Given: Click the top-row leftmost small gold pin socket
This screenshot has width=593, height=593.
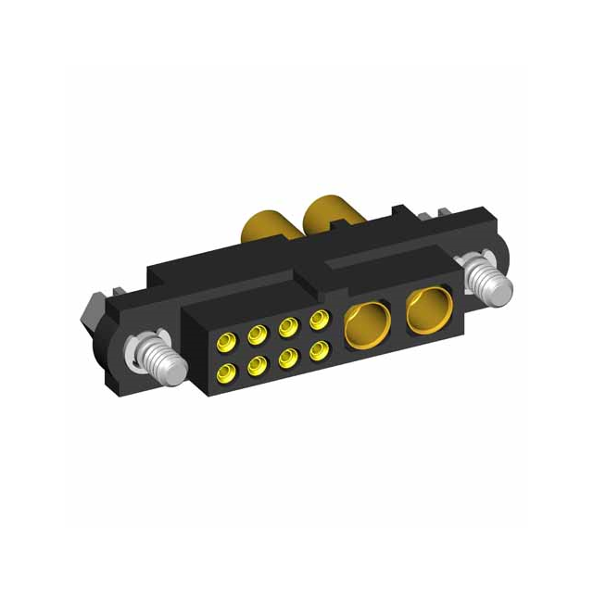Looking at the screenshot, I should coord(223,345).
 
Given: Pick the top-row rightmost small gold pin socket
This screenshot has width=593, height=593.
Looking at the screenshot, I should coord(318,319).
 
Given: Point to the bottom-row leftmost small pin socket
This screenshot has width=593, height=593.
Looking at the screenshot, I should coord(224,373).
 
